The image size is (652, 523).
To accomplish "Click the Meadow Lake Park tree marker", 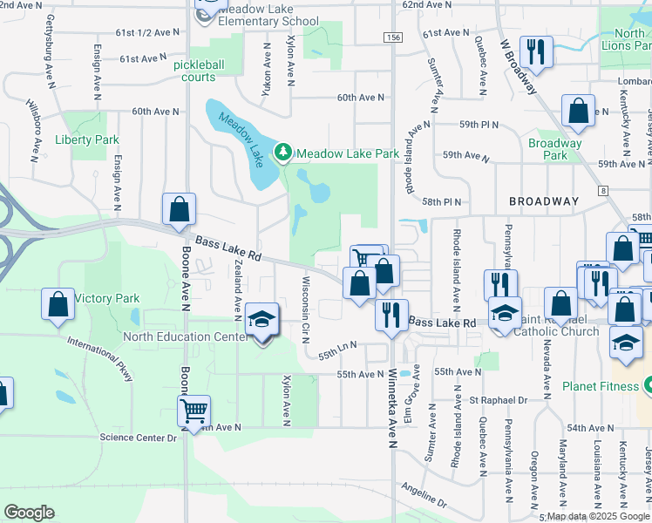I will tap(282, 153).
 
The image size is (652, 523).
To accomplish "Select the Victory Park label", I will tap(106, 298).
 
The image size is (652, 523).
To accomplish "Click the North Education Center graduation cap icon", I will tap(261, 321).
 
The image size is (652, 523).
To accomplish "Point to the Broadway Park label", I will tap(555, 149).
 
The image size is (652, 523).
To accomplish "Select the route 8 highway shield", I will tap(602, 190).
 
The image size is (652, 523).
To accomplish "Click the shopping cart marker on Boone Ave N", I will tap(193, 410).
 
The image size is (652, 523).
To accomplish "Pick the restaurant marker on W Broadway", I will tap(536, 51).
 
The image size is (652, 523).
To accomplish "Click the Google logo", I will tap(29, 513).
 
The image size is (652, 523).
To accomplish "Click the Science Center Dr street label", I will tap(139, 437).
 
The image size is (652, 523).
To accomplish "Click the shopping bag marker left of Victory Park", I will tap(58, 305).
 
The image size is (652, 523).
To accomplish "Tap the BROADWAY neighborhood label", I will tap(544, 201).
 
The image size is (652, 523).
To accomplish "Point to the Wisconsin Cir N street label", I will tap(306, 310).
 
